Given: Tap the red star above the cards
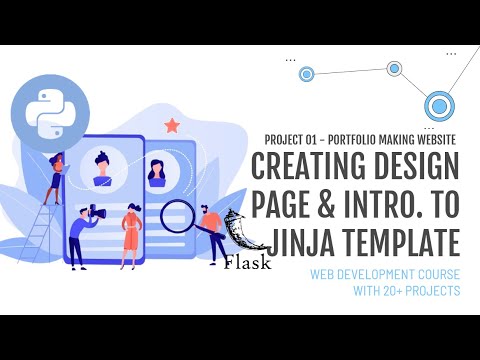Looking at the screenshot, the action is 171,125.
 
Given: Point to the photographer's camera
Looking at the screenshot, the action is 96,212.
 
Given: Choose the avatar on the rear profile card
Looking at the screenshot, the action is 156,171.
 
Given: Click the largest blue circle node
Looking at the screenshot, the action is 438,103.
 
